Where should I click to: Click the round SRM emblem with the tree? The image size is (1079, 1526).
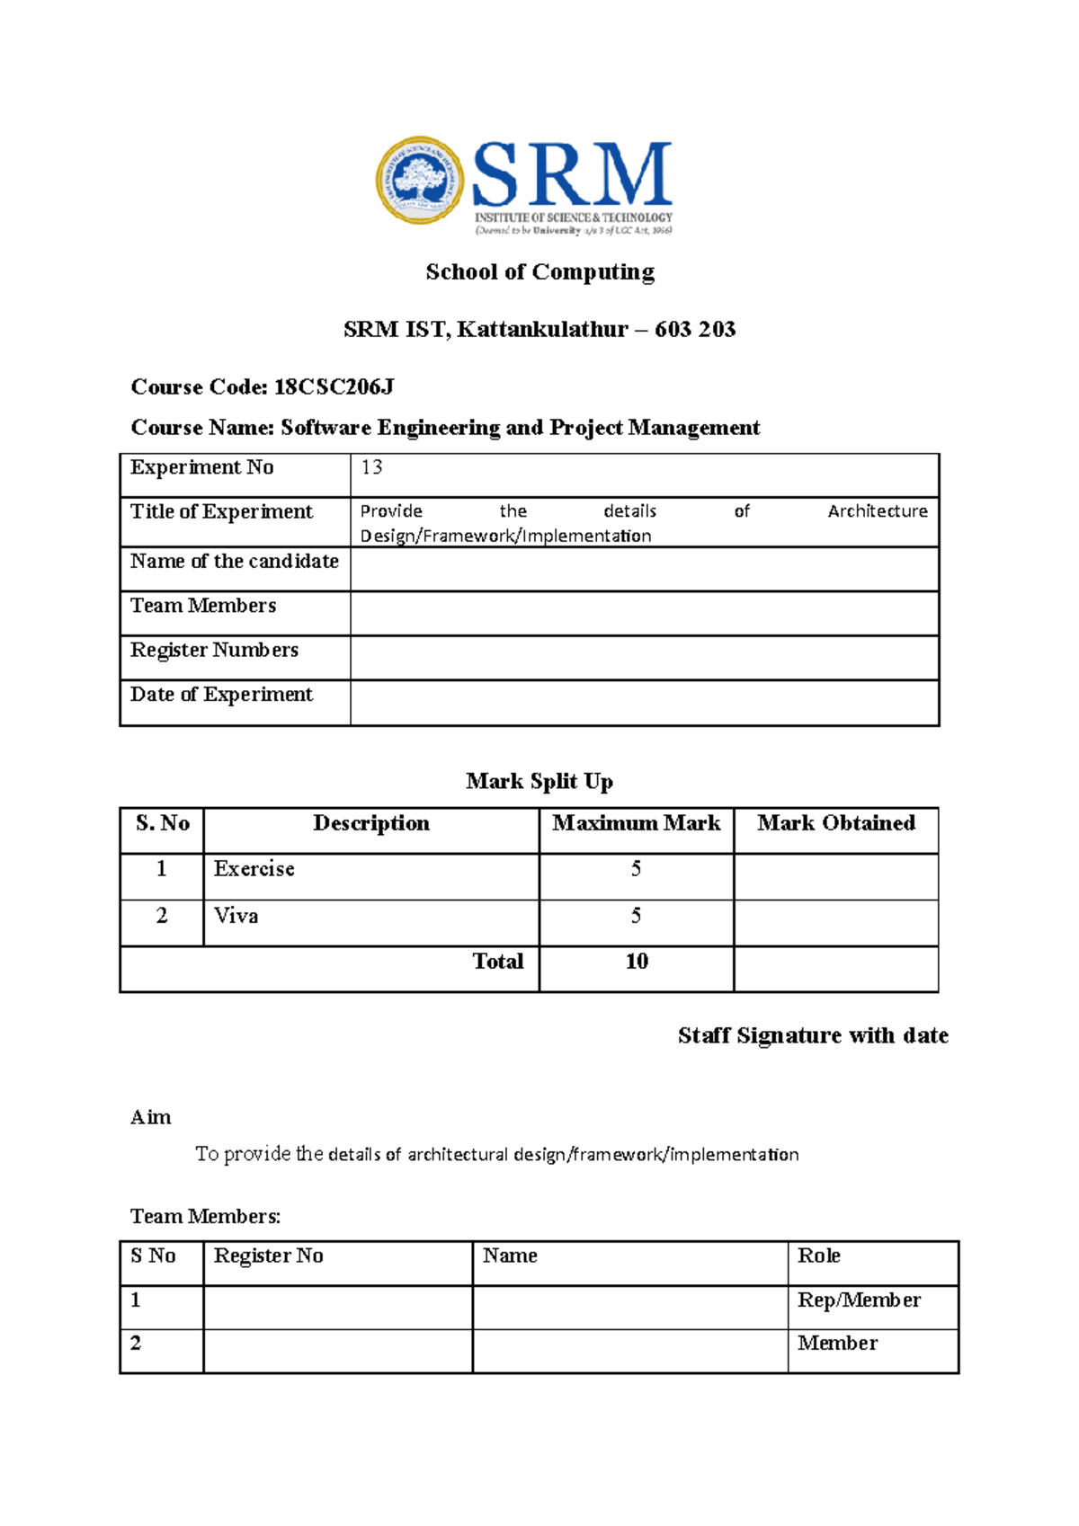[420, 181]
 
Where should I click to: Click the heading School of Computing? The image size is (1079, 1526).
[539, 271]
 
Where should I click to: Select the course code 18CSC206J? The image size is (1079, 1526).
[334, 387]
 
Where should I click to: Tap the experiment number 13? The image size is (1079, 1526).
[371, 467]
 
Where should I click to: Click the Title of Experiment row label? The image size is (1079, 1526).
[221, 511]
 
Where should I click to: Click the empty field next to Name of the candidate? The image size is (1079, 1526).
[644, 569]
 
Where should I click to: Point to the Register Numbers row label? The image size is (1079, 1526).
[214, 650]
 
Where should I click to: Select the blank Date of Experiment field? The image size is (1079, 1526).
[644, 703]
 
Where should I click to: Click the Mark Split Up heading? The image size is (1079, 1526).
[539, 781]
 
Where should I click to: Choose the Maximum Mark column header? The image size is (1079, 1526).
[636, 823]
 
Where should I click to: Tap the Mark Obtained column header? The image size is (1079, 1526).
[835, 823]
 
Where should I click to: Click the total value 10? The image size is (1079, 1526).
[637, 962]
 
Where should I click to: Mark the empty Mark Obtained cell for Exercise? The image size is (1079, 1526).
[835, 876]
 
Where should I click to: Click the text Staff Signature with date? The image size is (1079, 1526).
[813, 1035]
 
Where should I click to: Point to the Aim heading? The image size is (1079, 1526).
[150, 1117]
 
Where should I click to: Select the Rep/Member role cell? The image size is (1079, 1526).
[859, 1300]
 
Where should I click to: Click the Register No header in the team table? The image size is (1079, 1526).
[268, 1255]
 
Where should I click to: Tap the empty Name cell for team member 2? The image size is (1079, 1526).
[629, 1351]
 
